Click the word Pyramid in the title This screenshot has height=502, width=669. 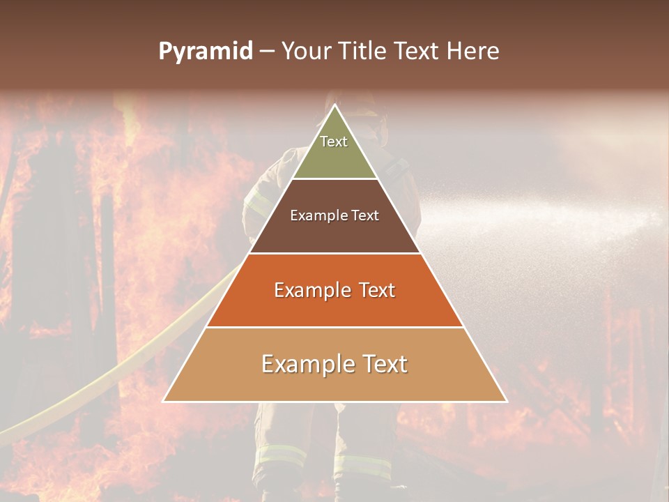click(x=206, y=52)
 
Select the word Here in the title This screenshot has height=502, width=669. click(x=473, y=52)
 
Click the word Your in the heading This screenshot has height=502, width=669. click(x=305, y=52)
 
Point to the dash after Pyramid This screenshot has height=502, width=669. click(x=266, y=52)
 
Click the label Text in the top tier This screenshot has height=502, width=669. click(x=334, y=142)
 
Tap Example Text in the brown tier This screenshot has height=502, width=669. click(x=334, y=215)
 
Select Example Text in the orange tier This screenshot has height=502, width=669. click(x=334, y=290)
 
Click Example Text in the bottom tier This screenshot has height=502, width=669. click(x=334, y=364)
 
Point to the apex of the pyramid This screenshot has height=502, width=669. click(x=334, y=105)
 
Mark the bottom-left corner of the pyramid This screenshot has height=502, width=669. click(x=164, y=401)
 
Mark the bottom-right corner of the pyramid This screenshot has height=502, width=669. click(x=506, y=401)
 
